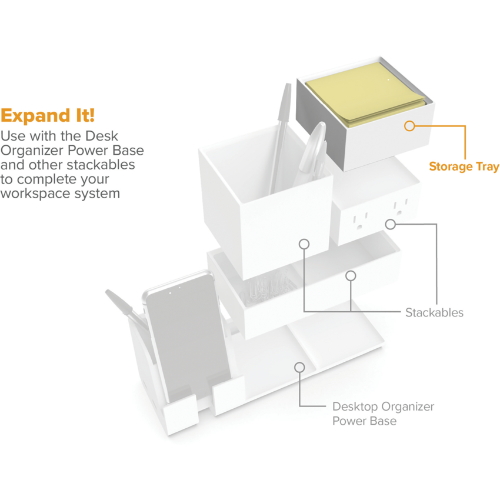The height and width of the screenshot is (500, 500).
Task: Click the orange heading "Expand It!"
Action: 48,116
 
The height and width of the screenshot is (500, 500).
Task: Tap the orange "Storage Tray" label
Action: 464,166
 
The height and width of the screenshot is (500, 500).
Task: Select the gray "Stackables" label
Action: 434,312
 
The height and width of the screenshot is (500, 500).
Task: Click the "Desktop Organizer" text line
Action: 383,406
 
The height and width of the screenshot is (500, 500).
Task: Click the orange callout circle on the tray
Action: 409,126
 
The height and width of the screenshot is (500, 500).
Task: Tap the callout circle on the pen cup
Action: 304,244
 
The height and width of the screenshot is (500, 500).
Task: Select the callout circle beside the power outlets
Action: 391,224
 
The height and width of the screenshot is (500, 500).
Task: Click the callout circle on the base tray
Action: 299,367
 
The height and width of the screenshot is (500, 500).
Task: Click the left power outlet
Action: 360,222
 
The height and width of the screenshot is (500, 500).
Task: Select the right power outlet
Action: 400,208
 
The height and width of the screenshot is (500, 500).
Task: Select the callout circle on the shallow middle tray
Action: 351,276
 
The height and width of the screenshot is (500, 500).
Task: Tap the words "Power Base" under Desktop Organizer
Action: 365,421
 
